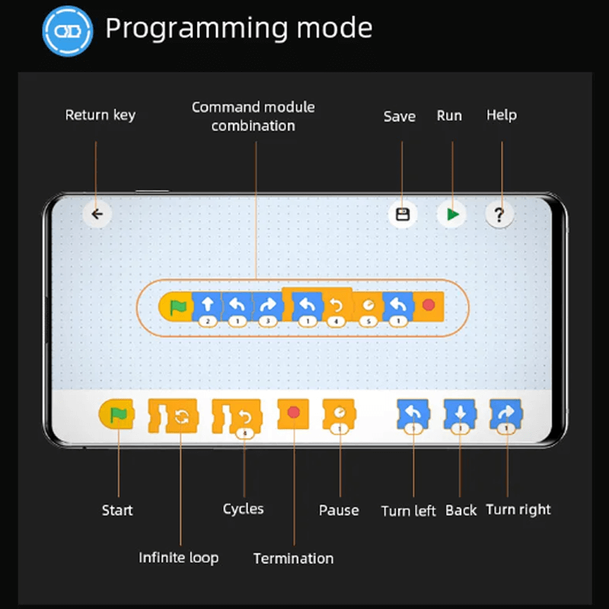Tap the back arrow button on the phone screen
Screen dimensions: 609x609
pyautogui.click(x=97, y=214)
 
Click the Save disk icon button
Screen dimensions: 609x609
pyautogui.click(x=403, y=214)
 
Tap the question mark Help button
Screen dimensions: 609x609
pyautogui.click(x=499, y=214)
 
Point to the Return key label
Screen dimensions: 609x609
pyautogui.click(x=100, y=115)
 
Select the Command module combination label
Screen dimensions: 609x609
pyautogui.click(x=253, y=116)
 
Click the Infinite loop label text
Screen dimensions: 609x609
pyautogui.click(x=178, y=557)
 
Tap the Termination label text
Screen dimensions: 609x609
pyautogui.click(x=293, y=558)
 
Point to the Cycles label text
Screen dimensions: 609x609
pyautogui.click(x=243, y=509)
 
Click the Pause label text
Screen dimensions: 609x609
pyautogui.click(x=339, y=510)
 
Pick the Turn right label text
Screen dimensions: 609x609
pyautogui.click(x=518, y=509)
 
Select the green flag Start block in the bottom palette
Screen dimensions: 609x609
pyautogui.click(x=116, y=414)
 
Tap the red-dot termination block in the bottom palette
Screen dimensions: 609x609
pyautogui.click(x=294, y=413)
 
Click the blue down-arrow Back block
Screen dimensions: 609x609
pyautogui.click(x=461, y=414)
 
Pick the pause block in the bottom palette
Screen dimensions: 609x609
pyautogui.click(x=339, y=414)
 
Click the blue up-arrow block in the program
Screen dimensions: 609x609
pyautogui.click(x=207, y=306)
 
